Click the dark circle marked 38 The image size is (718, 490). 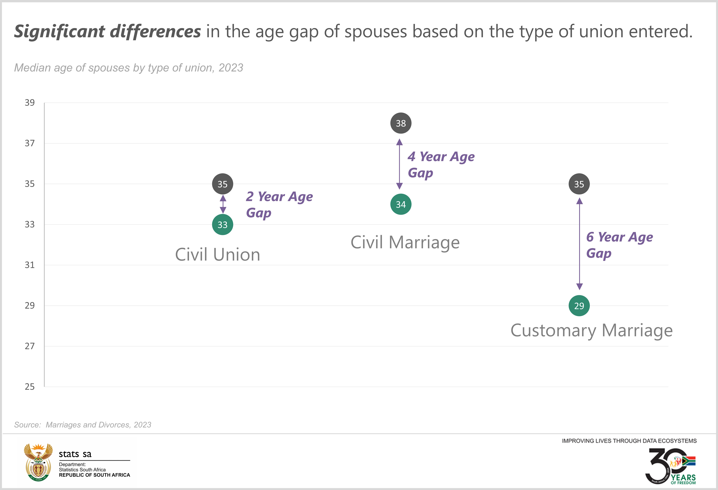[401, 123]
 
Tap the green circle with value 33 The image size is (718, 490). [222, 225]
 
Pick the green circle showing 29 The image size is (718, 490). [579, 306]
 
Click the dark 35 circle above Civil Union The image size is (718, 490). [222, 184]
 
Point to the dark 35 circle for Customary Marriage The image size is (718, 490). [579, 184]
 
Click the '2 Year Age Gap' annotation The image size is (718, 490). [279, 204]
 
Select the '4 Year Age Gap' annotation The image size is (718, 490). [441, 164]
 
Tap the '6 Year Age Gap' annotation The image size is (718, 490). [619, 245]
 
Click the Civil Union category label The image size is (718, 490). [218, 255]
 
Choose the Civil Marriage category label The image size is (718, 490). [405, 242]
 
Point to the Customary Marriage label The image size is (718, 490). [591, 331]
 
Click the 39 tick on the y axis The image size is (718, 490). [30, 103]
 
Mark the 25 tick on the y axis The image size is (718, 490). [30, 386]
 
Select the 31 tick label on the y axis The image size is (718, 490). [30, 265]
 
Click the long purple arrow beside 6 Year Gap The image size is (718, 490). [580, 244]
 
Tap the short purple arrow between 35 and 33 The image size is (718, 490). [223, 204]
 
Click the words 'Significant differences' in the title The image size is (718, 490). [107, 32]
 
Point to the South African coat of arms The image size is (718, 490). [38, 462]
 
